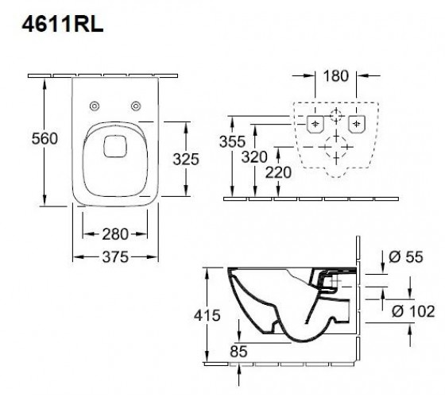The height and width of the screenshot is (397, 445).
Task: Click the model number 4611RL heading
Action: point(63,25)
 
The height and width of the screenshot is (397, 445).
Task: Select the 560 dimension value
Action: point(44,139)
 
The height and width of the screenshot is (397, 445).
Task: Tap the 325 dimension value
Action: point(186,159)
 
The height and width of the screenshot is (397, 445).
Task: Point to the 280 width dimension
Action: point(115,234)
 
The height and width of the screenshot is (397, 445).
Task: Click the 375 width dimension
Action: point(115,257)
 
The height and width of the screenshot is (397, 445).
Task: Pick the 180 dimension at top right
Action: point(335,75)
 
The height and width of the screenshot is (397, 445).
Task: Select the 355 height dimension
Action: point(232,141)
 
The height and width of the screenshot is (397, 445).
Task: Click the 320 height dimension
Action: point(254,157)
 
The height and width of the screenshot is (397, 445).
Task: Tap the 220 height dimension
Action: point(278,172)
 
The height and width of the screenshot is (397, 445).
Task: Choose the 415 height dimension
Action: point(207,315)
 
